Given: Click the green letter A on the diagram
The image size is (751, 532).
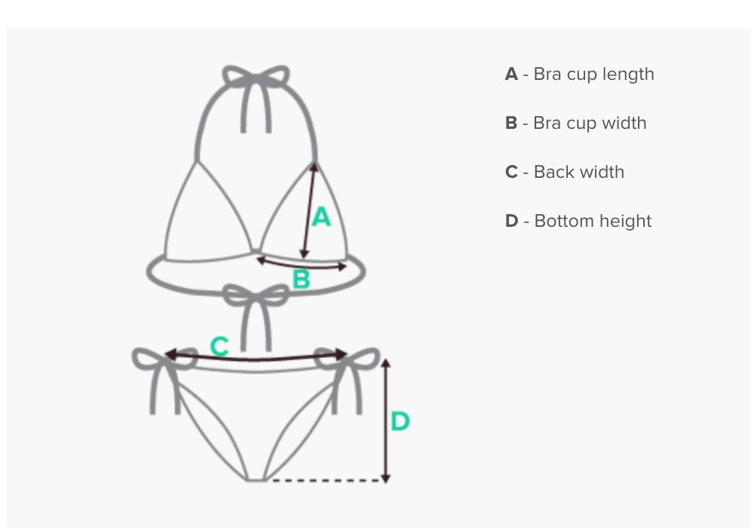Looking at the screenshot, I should [x=321, y=217].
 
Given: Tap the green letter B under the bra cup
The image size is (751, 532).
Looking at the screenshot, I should [x=301, y=280].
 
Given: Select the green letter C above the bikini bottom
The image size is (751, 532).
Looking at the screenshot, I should [x=219, y=347].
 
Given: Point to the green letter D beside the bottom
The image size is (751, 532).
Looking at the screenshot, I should [x=400, y=421].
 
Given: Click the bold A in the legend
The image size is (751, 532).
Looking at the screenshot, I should [x=511, y=75].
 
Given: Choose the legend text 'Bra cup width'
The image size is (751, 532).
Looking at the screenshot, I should [x=590, y=124].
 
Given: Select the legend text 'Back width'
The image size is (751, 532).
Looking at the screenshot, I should [x=578, y=173].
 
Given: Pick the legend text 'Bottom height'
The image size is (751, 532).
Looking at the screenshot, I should [x=593, y=222].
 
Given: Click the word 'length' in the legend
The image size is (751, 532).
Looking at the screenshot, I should [x=628, y=75].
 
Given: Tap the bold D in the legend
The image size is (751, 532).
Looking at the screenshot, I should [x=511, y=222].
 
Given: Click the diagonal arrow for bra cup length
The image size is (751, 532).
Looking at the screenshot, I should [x=308, y=211].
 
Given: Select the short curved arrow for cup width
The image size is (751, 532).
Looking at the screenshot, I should [x=302, y=264].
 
